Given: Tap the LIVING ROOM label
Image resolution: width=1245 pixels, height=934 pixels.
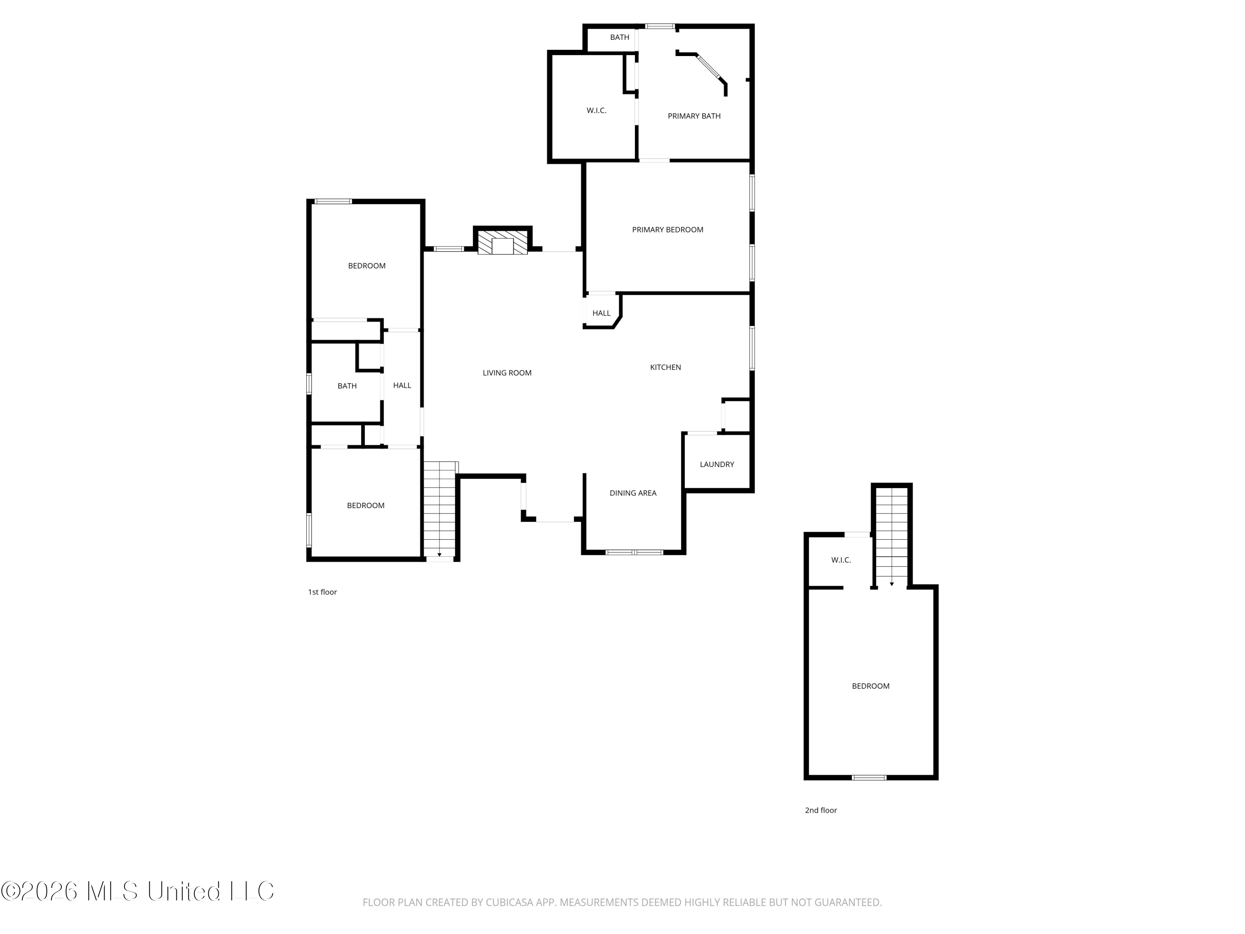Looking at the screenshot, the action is click(507, 373).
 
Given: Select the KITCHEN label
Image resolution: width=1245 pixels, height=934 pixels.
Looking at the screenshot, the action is click(665, 367).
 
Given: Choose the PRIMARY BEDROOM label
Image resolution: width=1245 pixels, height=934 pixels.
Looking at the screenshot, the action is click(667, 230).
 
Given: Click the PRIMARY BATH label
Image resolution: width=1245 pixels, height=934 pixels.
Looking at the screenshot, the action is click(694, 116).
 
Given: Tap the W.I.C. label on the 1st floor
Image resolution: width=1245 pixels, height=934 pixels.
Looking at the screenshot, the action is click(596, 110).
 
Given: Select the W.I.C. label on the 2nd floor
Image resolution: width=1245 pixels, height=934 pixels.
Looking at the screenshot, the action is click(841, 560).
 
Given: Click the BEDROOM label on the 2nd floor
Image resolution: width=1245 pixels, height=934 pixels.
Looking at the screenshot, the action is click(870, 686).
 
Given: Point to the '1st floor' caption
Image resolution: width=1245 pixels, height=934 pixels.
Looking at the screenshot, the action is click(322, 592).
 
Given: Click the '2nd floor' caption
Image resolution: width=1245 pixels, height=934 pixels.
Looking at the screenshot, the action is click(820, 811).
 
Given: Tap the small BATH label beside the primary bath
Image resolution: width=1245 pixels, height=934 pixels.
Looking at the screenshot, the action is click(619, 38).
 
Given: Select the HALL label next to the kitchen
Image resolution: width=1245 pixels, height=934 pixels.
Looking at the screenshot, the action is click(601, 313).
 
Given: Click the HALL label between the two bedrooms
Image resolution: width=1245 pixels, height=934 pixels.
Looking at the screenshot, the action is click(402, 386).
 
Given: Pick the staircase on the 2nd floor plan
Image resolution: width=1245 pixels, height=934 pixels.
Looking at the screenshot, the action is click(891, 538).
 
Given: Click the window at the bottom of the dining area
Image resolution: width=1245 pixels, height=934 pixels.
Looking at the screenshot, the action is click(634, 552).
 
